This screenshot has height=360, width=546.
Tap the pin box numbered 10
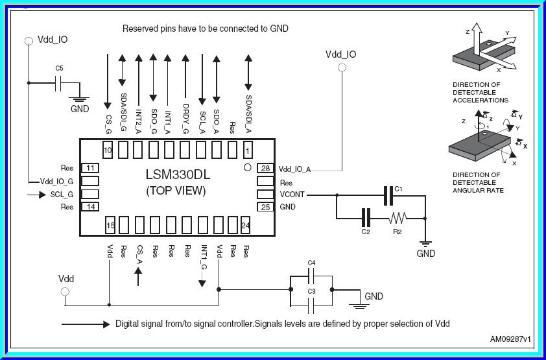tap(108, 150)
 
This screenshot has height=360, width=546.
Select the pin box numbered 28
tap(266, 169)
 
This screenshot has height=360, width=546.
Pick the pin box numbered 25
tap(266, 207)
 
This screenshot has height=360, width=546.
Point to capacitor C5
tap(59, 82)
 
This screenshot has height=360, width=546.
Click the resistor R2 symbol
tap(398, 218)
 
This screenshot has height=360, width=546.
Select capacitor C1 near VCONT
tap(390, 195)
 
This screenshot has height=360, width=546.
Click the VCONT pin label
tap(292, 195)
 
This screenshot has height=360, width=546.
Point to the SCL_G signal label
tap(62, 195)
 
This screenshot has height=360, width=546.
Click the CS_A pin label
tap(139, 253)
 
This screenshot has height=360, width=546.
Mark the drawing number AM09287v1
tap(510, 339)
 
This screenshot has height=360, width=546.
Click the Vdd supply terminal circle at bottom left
tap(65, 292)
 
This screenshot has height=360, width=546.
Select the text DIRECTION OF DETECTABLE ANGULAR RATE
tap(476, 182)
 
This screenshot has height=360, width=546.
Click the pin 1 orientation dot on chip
tap(246, 167)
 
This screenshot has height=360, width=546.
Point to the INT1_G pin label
tap(203, 257)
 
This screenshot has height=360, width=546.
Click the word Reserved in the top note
tap(139, 29)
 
